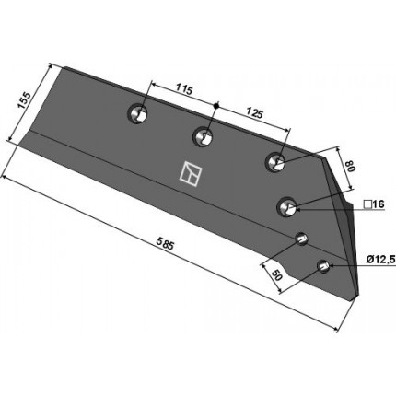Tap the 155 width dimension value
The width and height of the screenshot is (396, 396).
click(x=24, y=99)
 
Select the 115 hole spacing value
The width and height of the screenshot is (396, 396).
click(x=184, y=90)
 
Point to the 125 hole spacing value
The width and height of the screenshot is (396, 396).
click(x=254, y=114)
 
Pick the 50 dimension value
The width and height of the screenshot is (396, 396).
click(x=276, y=275)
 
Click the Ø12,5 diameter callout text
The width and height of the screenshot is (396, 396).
click(x=380, y=260)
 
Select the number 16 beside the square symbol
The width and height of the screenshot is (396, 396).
click(x=379, y=204)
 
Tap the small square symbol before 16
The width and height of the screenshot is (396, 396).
click(x=367, y=204)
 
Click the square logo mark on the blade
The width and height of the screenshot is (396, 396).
click(x=191, y=173)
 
